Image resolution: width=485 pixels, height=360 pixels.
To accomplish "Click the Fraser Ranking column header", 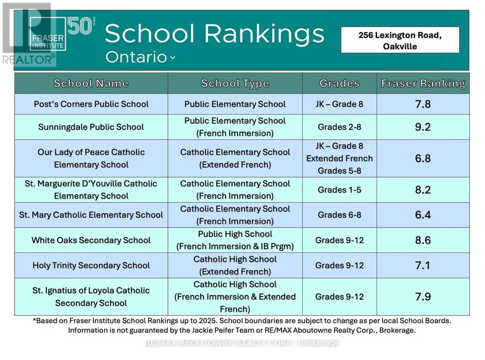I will [423, 83].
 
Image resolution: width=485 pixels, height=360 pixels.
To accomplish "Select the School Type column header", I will [235, 83].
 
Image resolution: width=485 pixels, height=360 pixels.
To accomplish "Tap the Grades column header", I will [340, 83].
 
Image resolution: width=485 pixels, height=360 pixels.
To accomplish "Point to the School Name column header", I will [91, 83].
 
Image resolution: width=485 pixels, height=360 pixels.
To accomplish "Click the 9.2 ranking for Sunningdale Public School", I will [423, 127].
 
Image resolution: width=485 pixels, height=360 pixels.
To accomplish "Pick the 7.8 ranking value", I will [423, 105].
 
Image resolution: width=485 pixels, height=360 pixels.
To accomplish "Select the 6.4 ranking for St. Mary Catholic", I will [423, 215].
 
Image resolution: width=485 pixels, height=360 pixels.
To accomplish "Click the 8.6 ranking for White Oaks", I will [423, 240].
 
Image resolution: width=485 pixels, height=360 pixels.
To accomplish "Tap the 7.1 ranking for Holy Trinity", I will [423, 265].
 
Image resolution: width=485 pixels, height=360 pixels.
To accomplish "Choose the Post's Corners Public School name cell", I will [91, 105].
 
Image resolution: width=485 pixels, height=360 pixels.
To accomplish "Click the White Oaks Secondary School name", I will [91, 240].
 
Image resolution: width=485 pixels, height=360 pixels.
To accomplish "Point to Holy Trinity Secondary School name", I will [91, 265].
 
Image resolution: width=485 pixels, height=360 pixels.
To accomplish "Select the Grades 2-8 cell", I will [340, 127].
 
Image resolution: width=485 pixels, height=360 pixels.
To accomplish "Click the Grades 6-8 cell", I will [340, 215].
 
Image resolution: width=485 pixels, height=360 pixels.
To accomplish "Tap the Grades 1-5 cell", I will [340, 190].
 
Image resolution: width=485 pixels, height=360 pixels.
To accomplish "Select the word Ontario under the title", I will [136, 57].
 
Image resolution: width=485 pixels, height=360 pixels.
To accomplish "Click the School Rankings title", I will [215, 33].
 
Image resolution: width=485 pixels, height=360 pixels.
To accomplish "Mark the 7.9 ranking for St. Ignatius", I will [423, 297].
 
